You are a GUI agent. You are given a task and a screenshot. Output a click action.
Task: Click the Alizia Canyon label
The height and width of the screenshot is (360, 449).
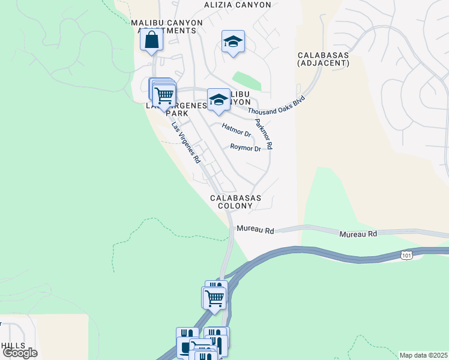pos(237,5)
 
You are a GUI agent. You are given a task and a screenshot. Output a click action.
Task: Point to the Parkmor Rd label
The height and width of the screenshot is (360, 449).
pos(264,133)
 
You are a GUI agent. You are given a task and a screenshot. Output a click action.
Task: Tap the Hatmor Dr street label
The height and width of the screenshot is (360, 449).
pos(236,130)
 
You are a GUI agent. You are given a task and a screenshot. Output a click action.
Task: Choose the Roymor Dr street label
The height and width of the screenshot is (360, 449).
pos(246,148)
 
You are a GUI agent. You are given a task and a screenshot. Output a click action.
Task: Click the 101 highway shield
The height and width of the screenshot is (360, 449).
pos(407,255)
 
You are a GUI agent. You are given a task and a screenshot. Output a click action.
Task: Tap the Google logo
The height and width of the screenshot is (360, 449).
pos(20,353)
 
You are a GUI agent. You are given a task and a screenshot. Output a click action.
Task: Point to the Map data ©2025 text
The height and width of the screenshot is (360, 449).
pos(423,355)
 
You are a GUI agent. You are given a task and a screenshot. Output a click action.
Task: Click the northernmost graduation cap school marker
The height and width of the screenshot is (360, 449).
pos(233,42)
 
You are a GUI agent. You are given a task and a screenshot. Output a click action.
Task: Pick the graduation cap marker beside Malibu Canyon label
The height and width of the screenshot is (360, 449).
pos(218,100)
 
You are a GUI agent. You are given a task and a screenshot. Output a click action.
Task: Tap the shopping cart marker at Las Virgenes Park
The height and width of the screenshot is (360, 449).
pos(163,95)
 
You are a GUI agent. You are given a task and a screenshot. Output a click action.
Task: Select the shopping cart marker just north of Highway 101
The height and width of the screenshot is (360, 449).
pos(214,297)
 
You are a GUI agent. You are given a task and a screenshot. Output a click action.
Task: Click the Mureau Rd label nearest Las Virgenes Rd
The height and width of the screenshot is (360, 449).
pos(255,230)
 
